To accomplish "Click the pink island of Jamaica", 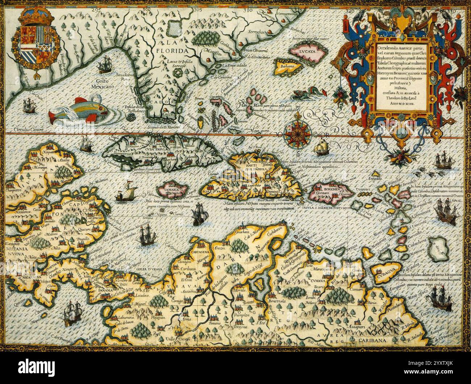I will click(172, 190).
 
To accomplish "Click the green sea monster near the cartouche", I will click(304, 95).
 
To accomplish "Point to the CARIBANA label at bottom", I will click(374, 340).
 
